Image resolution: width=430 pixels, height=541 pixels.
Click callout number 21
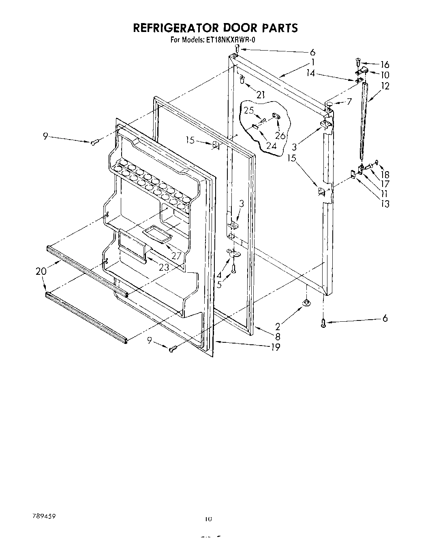click(261, 95)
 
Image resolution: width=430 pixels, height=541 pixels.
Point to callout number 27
click(176, 256)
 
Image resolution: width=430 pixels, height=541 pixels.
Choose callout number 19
click(275, 347)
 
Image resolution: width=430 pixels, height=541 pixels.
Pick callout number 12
click(385, 86)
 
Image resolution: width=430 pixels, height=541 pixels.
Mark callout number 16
click(385, 64)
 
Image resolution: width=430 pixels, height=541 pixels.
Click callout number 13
click(385, 204)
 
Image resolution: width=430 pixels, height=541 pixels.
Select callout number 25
click(248, 110)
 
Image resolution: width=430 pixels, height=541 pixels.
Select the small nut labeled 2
click(306, 302)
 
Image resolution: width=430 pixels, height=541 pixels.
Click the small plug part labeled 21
click(242, 80)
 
